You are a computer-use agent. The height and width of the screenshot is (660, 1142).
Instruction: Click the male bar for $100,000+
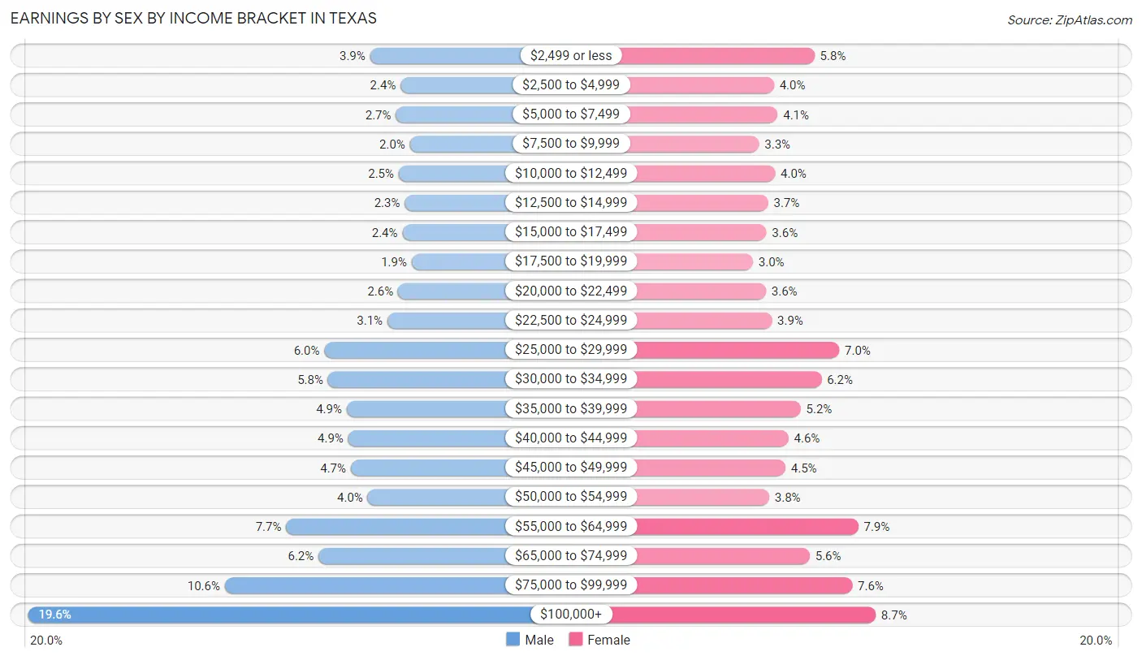coord(276,615)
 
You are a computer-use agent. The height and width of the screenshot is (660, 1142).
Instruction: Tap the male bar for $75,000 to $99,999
coord(366,585)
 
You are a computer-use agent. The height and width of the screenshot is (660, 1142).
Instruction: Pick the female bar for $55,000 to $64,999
coord(746,526)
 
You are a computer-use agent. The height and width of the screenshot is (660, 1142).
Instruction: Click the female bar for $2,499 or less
coord(719,55)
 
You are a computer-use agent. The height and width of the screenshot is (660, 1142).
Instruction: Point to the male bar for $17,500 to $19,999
coord(459,261)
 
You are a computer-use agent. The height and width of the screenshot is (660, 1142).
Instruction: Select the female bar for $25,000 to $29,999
coord(736,350)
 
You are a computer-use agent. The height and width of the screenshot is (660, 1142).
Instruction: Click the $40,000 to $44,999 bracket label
coord(570,438)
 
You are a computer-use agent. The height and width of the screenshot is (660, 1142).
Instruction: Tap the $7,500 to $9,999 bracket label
coord(570,144)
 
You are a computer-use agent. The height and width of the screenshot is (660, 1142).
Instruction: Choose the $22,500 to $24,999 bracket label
coord(570,321)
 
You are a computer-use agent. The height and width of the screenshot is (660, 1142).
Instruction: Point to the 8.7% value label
coord(893,615)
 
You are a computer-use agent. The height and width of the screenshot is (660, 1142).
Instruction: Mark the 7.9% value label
coord(876,527)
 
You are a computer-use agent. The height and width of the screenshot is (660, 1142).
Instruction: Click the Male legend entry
coord(530,640)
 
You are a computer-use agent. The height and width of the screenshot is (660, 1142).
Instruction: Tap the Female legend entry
coord(599,640)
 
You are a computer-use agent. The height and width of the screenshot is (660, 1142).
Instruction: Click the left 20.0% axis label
coord(46,641)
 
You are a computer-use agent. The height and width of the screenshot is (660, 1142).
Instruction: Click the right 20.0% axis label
coord(1096,641)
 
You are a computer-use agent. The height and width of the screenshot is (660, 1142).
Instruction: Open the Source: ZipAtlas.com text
coord(1069,19)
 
